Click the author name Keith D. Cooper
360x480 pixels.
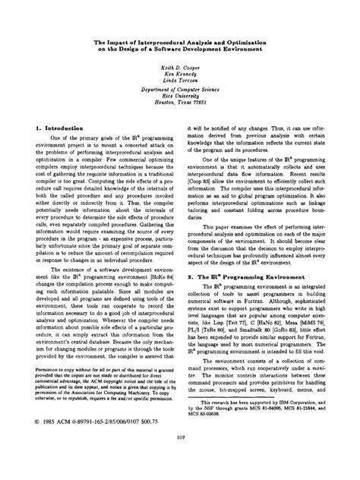point(180,67)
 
